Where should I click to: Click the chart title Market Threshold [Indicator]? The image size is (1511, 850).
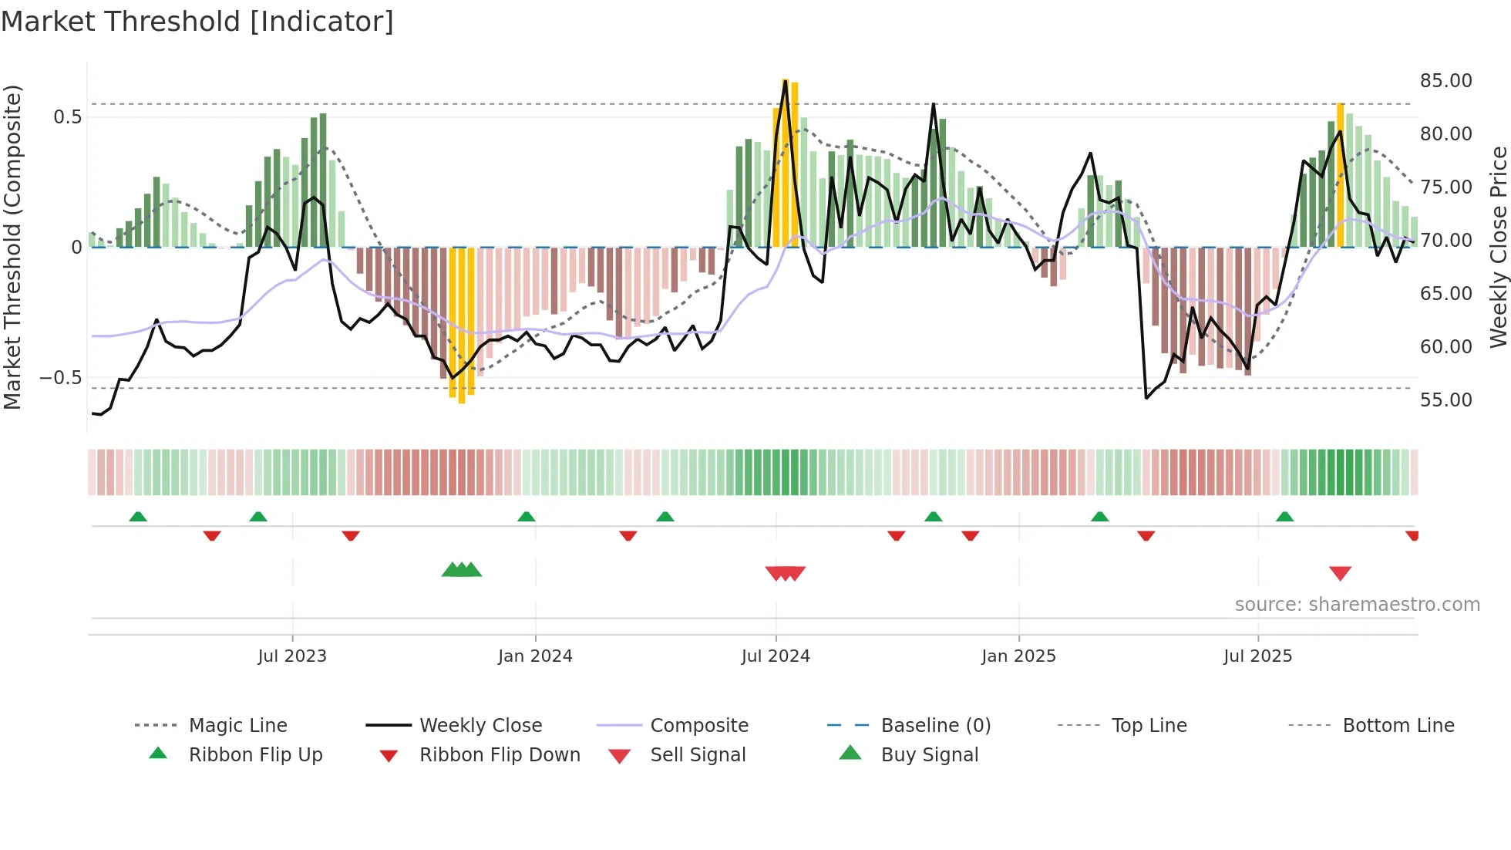pos(197,22)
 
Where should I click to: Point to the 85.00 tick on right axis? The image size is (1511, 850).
pos(1445,81)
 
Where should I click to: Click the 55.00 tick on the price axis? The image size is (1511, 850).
pos(1445,400)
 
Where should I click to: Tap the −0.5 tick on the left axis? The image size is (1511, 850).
pos(61,378)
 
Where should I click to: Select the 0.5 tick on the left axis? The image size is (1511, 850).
pos(67,117)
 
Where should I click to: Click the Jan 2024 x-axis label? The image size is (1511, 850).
pos(535,656)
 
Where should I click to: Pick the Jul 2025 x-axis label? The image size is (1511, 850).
pos(1257,656)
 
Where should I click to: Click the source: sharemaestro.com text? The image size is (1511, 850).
pos(1357,605)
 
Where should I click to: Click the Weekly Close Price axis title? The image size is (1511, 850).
pos(1498,247)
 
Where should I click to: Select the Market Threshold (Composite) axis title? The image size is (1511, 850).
pos(12,247)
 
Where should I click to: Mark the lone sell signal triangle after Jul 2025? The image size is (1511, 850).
pos(1340,573)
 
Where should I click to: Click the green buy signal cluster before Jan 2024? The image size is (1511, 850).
pos(461,570)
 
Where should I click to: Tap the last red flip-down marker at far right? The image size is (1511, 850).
pos(1412,535)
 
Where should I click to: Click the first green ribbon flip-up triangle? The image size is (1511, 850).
pos(138,517)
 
